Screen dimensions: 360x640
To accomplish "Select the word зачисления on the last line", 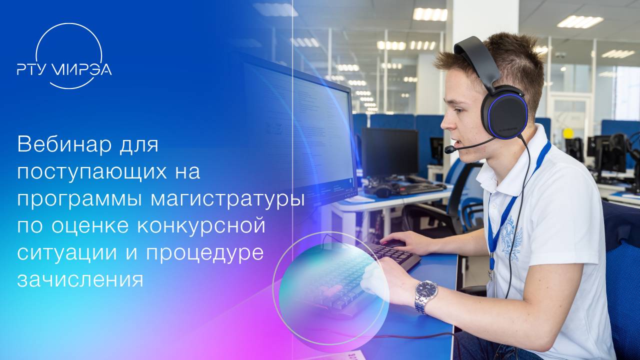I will click(x=80, y=279).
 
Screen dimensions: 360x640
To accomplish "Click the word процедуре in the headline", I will click(x=204, y=252).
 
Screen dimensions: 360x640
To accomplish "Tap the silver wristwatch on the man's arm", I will click(x=426, y=295).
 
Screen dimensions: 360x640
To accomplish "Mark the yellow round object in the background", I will click(x=568, y=133).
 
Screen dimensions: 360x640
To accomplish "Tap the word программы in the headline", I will click(x=79, y=198).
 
